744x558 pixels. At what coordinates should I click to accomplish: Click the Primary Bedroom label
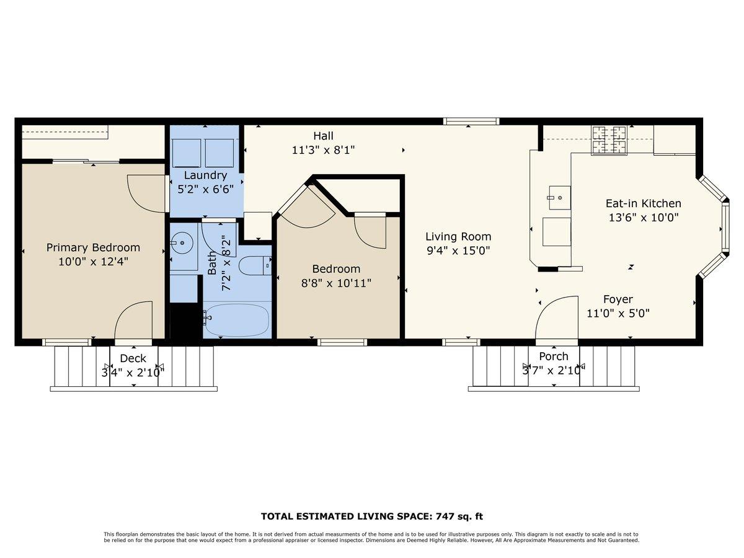(93, 247)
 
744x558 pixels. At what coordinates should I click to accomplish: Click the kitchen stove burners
(609, 140)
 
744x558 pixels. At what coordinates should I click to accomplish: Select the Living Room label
(458, 236)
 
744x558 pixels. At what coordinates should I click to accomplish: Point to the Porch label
(553, 356)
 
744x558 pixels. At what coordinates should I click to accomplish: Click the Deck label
(133, 358)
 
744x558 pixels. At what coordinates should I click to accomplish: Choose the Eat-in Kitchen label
(643, 203)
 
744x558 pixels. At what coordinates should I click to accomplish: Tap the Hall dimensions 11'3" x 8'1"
(323, 150)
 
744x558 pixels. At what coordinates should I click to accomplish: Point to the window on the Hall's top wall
(471, 122)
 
